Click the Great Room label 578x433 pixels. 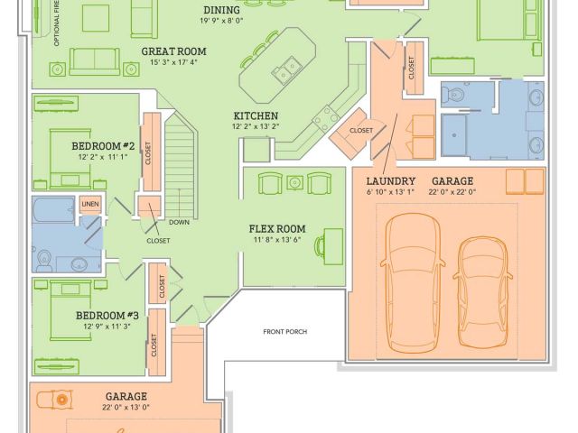coord(172,51)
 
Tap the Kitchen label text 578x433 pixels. coord(256,116)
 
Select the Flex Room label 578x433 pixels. coord(277,228)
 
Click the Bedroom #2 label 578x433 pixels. coord(104,145)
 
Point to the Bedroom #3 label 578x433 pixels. coord(106,315)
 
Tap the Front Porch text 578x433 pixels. coord(285,332)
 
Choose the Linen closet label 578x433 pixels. coord(89,206)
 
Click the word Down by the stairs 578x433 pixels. coord(179,221)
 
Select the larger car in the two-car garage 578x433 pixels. coord(414,280)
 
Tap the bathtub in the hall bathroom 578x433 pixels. coord(53,213)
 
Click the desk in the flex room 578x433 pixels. coord(331,242)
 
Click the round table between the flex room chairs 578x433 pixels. coord(294,184)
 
